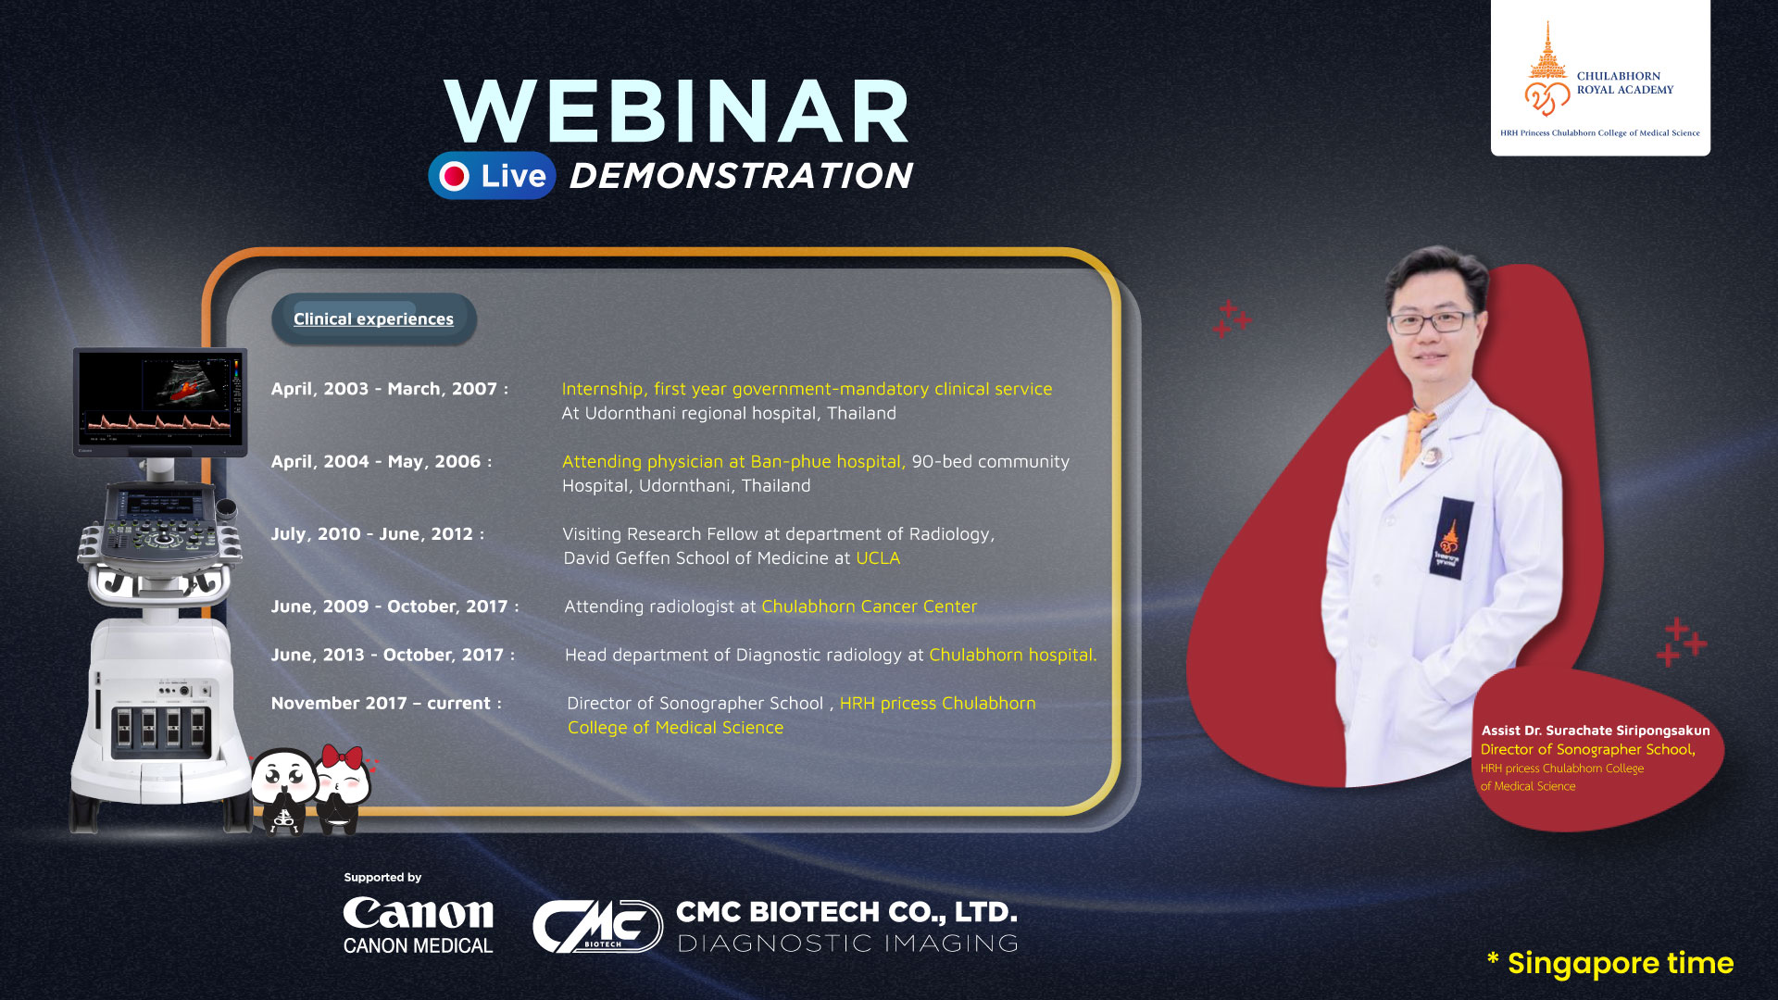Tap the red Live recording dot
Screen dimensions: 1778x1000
455,176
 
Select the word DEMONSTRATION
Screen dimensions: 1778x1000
741,176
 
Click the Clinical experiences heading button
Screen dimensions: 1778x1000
373,319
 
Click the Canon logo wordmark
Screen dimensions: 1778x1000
419,914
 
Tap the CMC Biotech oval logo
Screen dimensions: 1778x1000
597,926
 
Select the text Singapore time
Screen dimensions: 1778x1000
1621,963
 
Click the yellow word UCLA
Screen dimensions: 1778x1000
878,558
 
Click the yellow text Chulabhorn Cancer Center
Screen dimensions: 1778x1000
870,606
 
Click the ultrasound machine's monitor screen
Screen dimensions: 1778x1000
160,399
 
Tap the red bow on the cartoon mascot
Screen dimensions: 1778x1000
342,756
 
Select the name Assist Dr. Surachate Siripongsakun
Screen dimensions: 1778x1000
1596,731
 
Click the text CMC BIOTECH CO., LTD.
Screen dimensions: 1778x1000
846,912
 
